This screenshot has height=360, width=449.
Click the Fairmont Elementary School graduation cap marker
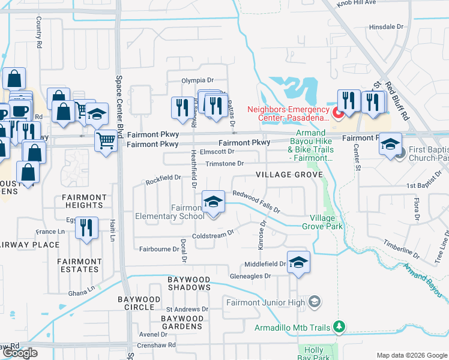213,202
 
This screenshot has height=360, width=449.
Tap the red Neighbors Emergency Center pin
337,112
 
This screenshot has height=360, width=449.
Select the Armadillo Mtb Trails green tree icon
340,327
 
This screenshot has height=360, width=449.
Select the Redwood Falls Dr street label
257,202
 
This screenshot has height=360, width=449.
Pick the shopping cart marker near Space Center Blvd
106,142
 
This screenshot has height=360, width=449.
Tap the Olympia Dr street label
197,80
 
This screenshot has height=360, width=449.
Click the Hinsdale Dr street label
387,27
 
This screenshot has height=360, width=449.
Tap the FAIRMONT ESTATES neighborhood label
79,265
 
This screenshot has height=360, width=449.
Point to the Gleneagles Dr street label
250,276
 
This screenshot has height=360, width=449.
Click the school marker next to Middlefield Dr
298,263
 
